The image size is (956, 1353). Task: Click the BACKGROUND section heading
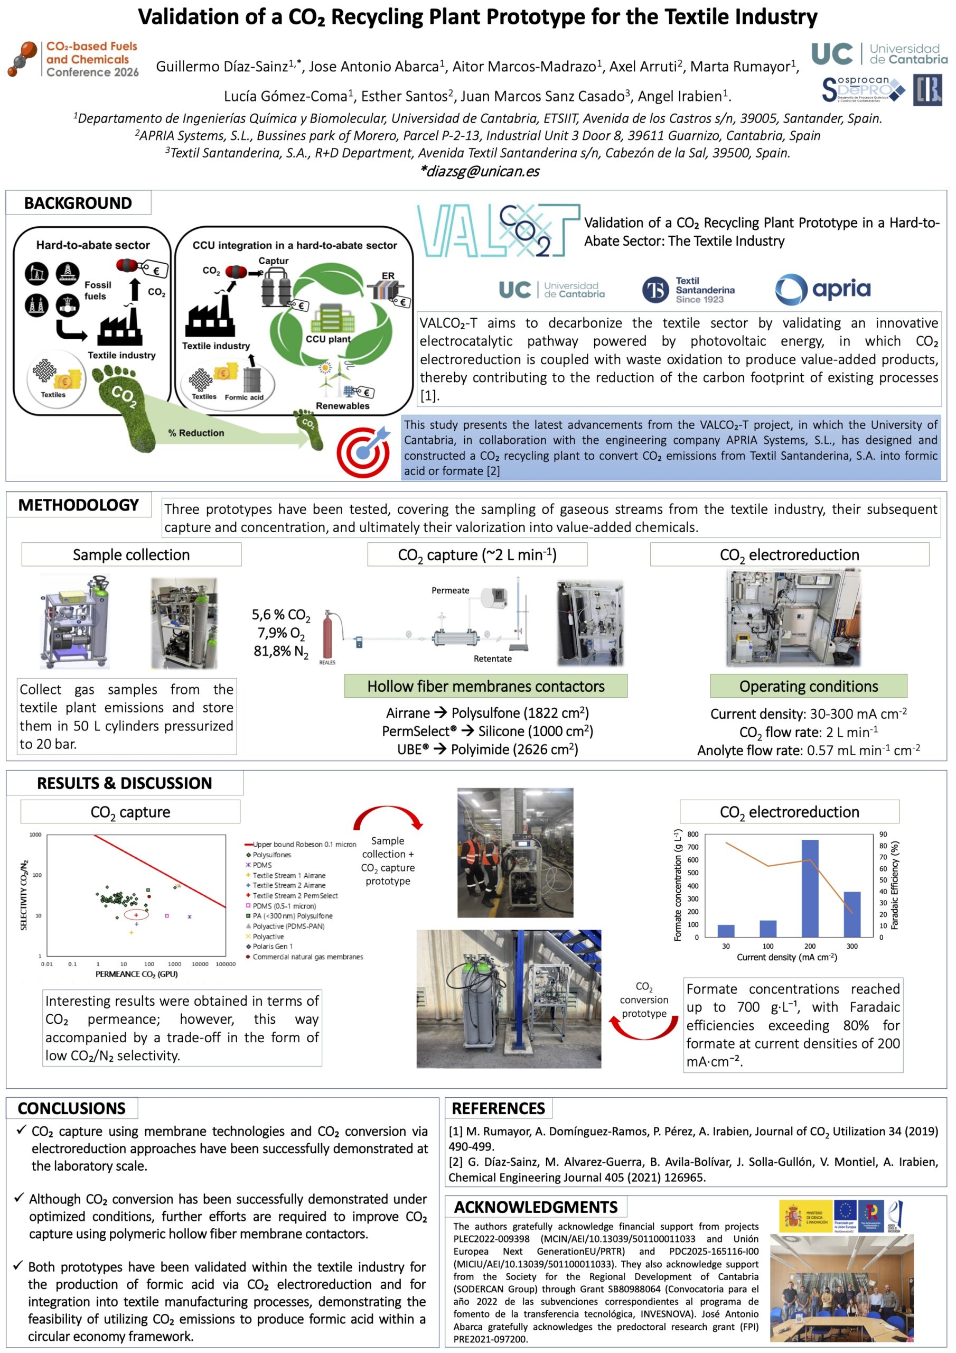pyautogui.click(x=78, y=203)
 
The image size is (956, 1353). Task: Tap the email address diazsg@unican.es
pyautogui.click(x=479, y=171)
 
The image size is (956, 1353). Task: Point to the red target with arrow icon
pyautogui.click(x=363, y=450)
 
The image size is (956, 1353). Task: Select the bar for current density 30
pyautogui.click(x=726, y=931)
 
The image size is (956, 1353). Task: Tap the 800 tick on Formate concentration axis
pyautogui.click(x=692, y=835)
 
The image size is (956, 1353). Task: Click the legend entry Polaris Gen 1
pyautogui.click(x=271, y=947)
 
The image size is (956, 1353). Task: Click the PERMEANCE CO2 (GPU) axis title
pyautogui.click(x=137, y=974)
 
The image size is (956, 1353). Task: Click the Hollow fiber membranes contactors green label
pyautogui.click(x=485, y=687)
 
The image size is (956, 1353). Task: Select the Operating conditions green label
pyautogui.click(x=808, y=687)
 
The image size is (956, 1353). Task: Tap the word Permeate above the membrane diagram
pyautogui.click(x=450, y=590)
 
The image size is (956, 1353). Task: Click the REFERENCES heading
pyautogui.click(x=498, y=1108)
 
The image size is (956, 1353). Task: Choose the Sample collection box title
pyautogui.click(x=132, y=555)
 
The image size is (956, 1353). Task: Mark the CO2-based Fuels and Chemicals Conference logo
pyautogui.click(x=73, y=59)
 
